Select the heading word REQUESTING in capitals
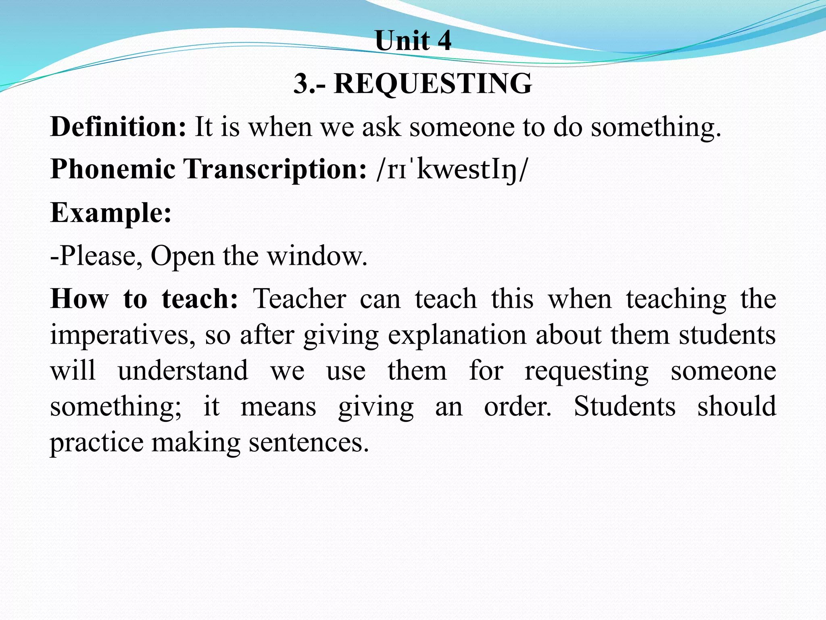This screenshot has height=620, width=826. tap(433, 84)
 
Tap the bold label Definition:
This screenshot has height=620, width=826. tap(118, 127)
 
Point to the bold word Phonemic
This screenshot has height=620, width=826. tap(113, 169)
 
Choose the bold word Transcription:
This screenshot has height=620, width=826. tap(275, 169)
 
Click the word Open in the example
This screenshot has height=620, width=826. tap(182, 256)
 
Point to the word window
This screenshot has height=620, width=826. tap(317, 256)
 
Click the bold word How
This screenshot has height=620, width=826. tap(79, 299)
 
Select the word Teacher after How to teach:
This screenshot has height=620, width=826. tap(300, 299)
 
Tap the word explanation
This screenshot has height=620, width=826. tap(457, 335)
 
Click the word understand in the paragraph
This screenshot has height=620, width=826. tap(183, 371)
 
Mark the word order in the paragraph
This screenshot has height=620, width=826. tap(517, 406)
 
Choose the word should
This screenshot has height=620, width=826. tap(736, 406)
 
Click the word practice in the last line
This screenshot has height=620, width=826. tap(96, 443)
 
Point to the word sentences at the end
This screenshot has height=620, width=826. tap(309, 443)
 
